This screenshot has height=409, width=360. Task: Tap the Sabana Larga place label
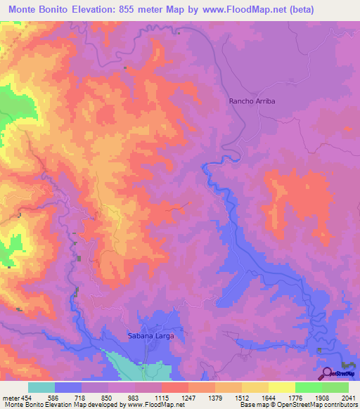tap(150, 336)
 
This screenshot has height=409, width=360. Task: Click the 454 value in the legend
tap(26, 397)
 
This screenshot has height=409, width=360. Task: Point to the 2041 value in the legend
tap(340, 397)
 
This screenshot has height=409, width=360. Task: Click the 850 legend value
tap(105, 397)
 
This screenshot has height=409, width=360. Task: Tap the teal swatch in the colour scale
tap(41, 387)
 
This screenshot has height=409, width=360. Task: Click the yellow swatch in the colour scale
tap(281, 387)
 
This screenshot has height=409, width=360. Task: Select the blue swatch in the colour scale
tap(68, 387)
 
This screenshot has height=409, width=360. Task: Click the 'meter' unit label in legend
tap(10, 397)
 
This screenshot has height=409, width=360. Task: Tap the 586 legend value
tap(52, 397)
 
